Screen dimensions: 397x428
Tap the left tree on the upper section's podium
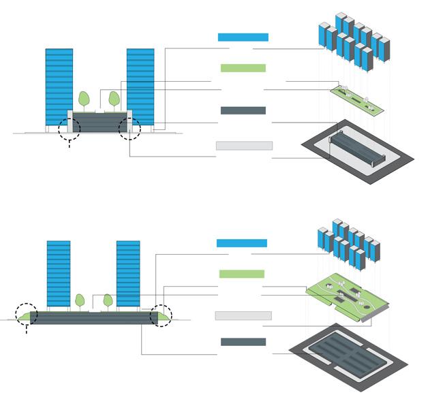click(84, 99)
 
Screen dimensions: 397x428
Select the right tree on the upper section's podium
click(114, 99)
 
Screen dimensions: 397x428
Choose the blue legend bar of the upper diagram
click(243, 37)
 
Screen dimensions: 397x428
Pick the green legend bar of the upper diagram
click(243, 68)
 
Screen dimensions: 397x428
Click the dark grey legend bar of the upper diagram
click(243, 110)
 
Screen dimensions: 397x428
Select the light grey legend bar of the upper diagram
click(244, 146)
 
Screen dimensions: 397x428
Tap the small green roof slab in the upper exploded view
click(355, 97)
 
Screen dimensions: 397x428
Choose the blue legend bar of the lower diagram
click(241, 243)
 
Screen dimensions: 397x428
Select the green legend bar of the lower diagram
click(241, 274)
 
